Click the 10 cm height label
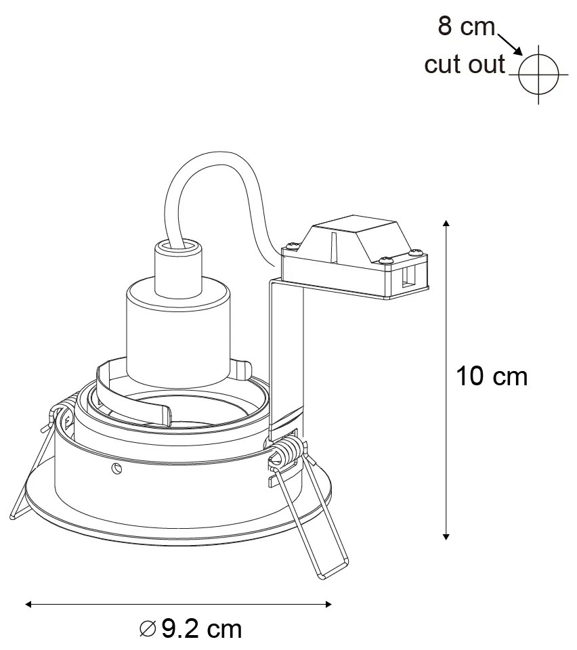(492, 376)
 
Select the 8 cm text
(467, 26)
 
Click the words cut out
(465, 64)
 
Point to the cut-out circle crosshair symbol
(538, 74)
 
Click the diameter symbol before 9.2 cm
(148, 629)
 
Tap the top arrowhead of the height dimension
(446, 224)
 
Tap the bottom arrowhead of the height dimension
(446, 536)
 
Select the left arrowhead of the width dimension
(28, 604)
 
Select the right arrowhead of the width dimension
(328, 604)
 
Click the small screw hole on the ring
(116, 469)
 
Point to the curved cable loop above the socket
(219, 199)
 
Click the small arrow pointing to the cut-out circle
(509, 44)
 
